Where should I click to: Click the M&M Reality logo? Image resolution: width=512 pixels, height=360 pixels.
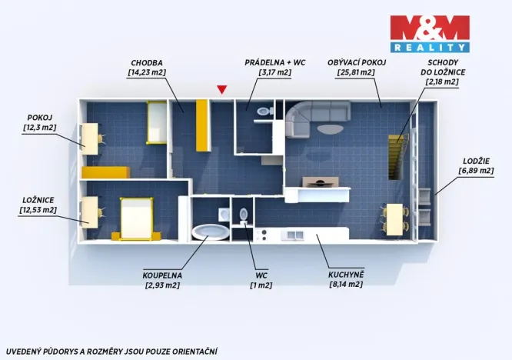[429, 33]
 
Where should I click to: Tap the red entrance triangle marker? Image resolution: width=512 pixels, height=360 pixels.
[222, 90]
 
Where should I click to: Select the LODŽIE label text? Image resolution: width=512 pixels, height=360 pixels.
[475, 162]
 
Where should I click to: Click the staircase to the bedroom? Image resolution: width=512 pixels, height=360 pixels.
[397, 153]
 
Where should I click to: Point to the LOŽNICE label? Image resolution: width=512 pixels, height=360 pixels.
[38, 199]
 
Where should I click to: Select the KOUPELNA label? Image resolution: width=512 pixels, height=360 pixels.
[161, 275]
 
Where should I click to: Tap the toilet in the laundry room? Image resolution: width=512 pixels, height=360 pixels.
[264, 112]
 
